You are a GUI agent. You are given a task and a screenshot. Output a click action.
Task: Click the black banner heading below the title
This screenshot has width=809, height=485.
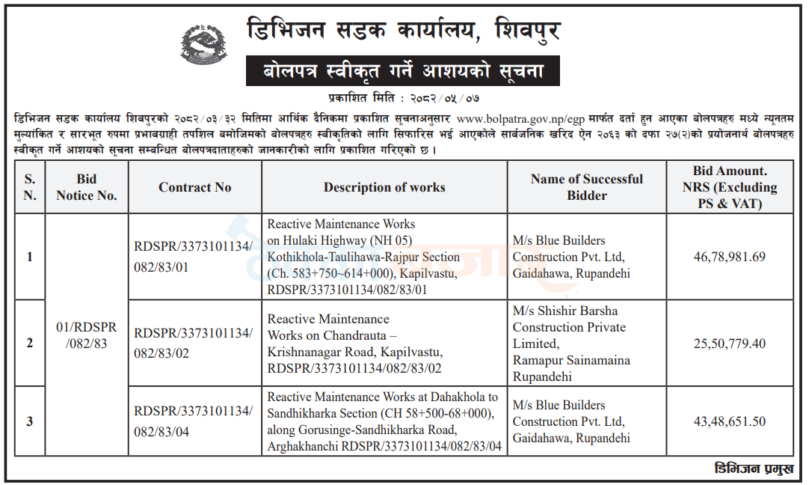click(x=402, y=72)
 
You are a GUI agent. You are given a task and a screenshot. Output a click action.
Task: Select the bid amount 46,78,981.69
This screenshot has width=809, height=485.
click(x=729, y=257)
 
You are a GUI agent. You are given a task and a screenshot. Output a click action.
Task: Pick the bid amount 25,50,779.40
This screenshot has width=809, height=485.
click(x=729, y=344)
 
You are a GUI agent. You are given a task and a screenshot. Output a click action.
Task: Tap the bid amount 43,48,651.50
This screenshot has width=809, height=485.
click(x=729, y=421)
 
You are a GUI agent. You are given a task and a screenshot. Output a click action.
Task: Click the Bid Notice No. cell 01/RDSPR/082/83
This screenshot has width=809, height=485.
click(x=87, y=335)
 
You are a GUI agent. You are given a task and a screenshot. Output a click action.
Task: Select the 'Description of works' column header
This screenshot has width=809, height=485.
click(x=384, y=187)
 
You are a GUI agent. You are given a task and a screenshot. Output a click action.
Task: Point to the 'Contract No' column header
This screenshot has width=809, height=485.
click(x=194, y=187)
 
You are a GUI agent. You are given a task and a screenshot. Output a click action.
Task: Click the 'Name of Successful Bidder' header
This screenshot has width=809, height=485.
click(x=586, y=187)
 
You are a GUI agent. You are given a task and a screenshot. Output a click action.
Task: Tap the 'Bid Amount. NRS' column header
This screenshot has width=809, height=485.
click(x=729, y=187)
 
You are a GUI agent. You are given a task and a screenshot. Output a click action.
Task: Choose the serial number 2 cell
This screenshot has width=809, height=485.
click(x=30, y=344)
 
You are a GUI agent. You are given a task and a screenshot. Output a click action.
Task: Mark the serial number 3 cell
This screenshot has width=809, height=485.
click(x=30, y=421)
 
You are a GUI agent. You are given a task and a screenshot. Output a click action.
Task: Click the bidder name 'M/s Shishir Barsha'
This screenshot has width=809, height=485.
click(x=565, y=311)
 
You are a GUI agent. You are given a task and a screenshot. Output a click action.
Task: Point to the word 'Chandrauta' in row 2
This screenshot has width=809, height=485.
click(x=354, y=335)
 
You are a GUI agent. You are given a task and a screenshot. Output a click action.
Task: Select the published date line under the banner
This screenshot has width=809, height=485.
click(x=402, y=97)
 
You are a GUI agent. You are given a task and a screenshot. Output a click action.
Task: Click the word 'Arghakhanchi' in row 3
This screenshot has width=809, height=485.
click(x=300, y=447)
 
